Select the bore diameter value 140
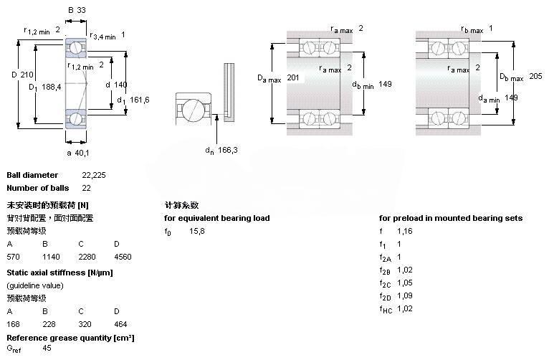(x=120, y=85)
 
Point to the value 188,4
(x=51, y=87)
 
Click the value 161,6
(x=139, y=100)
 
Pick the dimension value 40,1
(x=83, y=153)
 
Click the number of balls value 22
(x=86, y=188)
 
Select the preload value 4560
(x=122, y=256)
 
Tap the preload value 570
(x=13, y=256)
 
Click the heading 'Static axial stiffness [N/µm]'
(x=59, y=273)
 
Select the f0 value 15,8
(x=197, y=231)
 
